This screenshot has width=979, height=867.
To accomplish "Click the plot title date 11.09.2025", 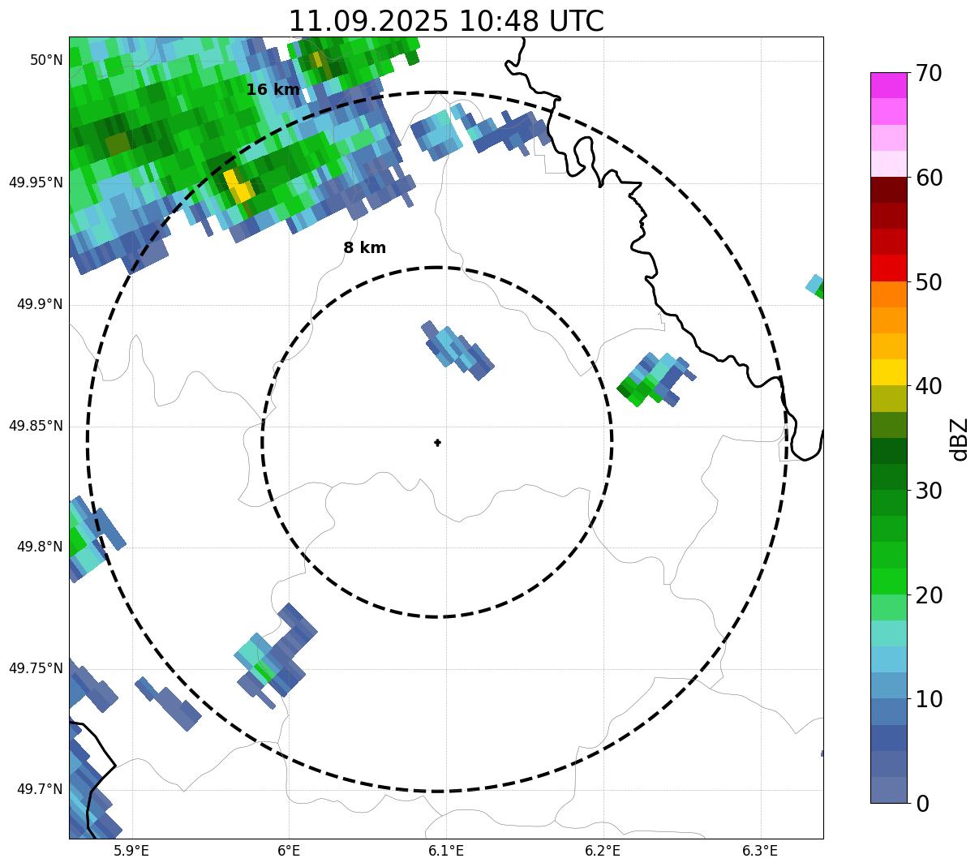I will click(367, 21).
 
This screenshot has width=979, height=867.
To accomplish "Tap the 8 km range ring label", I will click(364, 248).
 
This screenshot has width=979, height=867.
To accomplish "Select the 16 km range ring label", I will click(273, 90).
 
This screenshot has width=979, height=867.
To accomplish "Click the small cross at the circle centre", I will click(437, 442).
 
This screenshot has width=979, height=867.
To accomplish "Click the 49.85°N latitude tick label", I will click(36, 426).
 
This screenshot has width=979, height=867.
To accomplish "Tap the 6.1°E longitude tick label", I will click(445, 851).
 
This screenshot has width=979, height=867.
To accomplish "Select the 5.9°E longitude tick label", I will click(131, 851).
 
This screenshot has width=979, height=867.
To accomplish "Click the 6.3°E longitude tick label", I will click(760, 851).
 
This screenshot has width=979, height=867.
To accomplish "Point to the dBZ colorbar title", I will click(960, 440).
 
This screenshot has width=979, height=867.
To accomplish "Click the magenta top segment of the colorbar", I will click(888, 85).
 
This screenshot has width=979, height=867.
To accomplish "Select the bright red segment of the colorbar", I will click(888, 268).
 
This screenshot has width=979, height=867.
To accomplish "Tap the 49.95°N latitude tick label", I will click(36, 182).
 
